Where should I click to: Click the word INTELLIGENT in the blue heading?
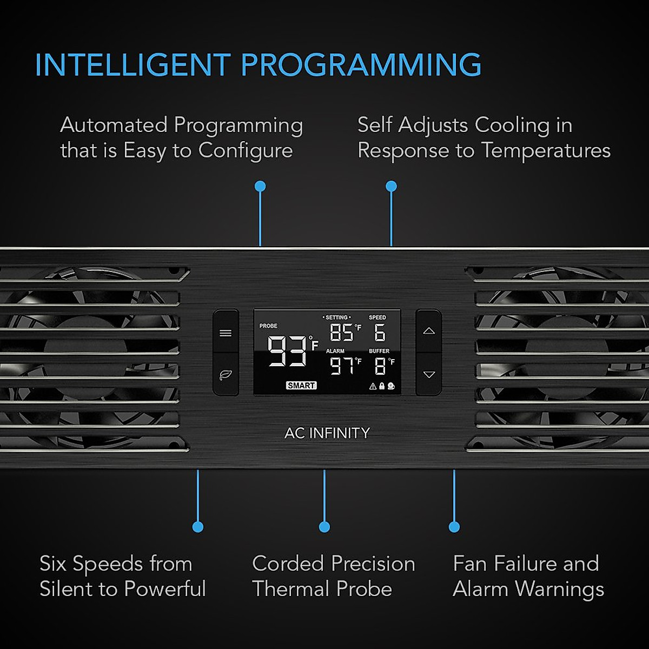pos(133,65)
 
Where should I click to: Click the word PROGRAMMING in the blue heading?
pos(361,65)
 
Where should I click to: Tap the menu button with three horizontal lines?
pos(226,333)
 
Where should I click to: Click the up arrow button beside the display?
pos(429,331)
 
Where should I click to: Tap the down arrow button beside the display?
pos(429,374)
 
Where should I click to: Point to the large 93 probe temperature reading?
pos(287,351)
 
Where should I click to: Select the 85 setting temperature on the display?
pos(341,333)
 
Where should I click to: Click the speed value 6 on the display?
pos(380,333)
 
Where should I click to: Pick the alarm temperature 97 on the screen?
pos(342,367)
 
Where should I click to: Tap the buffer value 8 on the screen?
pos(380,367)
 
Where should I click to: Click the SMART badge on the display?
pos(301,386)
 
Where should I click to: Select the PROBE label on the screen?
pos(268,326)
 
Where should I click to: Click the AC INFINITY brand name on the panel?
pos(327,433)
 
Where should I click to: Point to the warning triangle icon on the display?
pos(373,386)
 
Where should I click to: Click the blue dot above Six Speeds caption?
pos(198,527)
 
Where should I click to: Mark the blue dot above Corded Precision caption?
pos(325,527)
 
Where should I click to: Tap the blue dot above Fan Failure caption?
pos(454,527)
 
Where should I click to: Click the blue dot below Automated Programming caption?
pos(260,187)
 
